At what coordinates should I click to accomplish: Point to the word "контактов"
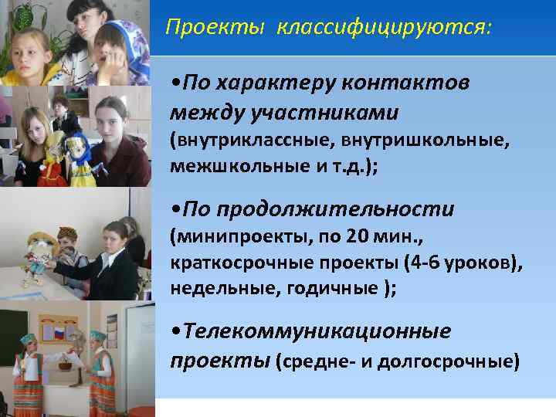408,83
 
